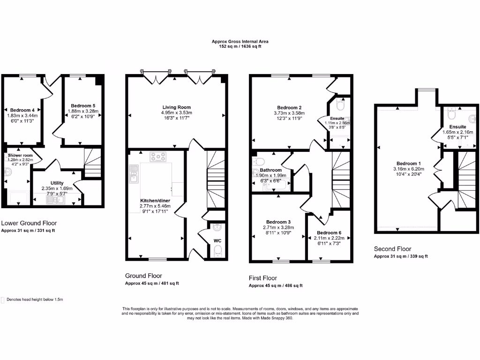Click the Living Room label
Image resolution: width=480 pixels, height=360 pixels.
click(x=176, y=107)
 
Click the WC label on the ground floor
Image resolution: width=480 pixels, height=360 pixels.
click(x=217, y=241)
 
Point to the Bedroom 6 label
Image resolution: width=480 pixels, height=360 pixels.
click(x=329, y=232)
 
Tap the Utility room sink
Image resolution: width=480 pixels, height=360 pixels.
click(x=54, y=201)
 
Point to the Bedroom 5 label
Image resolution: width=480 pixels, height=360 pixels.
click(x=83, y=106)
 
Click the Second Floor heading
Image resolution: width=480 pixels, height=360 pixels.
click(x=392, y=249)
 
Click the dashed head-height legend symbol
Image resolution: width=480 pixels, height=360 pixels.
click(x=3, y=299)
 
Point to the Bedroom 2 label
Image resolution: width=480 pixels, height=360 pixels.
click(x=289, y=107)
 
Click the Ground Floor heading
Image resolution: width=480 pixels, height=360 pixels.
click(x=143, y=276)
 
